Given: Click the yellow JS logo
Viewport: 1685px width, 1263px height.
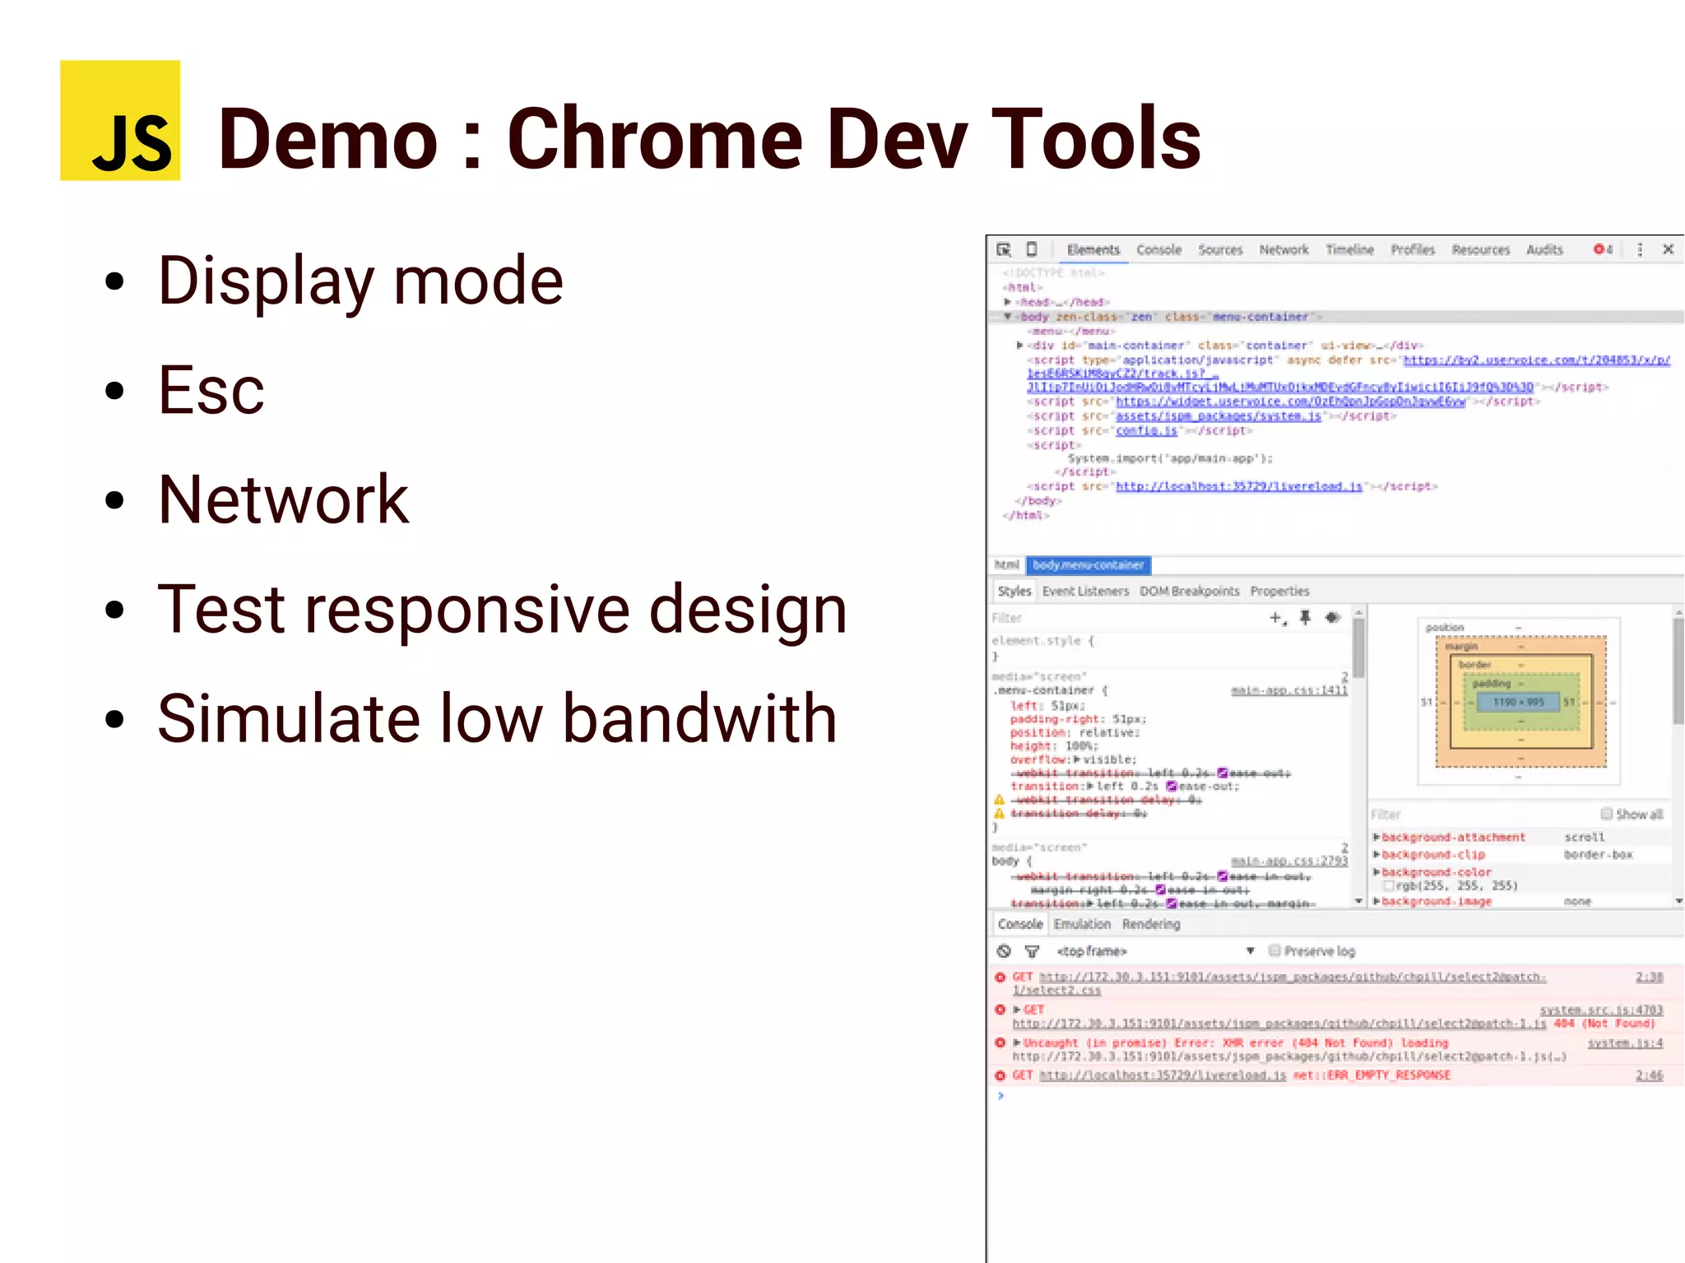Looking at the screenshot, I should pos(120,120).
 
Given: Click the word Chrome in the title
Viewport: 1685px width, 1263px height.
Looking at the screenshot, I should pos(655,139).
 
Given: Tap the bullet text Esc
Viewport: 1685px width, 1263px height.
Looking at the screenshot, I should pos(211,391).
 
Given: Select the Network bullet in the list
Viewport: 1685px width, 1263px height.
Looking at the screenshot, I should pos(283,499).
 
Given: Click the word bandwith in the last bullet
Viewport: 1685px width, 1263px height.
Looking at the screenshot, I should pos(699,718).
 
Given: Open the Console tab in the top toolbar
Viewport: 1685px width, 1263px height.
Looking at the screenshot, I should pos(1158,249).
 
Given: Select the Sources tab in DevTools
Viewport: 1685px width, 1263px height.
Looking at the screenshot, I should pos(1220,249).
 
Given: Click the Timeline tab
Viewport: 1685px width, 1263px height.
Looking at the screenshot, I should pos(1349,249).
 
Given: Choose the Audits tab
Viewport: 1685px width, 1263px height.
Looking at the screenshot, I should pos(1544,249).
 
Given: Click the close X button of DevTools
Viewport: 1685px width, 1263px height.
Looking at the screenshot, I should pos(1669,249).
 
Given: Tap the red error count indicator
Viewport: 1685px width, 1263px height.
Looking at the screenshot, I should pos(1603,249).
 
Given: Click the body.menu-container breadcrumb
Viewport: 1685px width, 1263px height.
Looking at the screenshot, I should pos(1088,565).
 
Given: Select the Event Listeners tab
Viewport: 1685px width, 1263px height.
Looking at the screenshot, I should pos(1085,591).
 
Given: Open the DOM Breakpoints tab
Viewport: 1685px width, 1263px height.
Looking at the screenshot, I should pos(1189,591).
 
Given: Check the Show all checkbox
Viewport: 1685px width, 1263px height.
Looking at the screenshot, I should pos(1606,814).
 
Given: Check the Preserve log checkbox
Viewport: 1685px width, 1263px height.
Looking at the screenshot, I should pos(1274,950).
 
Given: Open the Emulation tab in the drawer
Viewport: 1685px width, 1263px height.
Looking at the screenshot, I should pos(1082,924).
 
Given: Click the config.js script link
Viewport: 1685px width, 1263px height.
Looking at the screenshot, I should pos(1146,430).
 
